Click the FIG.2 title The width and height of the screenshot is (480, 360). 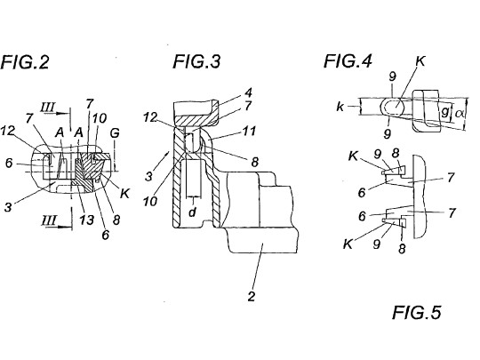(25, 62)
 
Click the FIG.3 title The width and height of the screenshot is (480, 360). (196, 61)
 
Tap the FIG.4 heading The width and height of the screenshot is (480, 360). (348, 60)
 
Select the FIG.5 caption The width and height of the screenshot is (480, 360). (417, 313)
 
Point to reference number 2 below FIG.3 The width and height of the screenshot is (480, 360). (252, 296)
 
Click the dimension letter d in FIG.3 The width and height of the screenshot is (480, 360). (192, 212)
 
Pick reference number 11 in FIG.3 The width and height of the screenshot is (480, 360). (250, 132)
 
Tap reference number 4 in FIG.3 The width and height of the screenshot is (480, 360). (248, 92)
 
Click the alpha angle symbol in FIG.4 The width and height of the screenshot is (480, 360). (460, 114)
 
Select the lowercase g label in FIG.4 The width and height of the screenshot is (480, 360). (444, 112)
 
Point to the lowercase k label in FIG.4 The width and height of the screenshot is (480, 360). (340, 107)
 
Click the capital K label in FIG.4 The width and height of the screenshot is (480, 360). (420, 61)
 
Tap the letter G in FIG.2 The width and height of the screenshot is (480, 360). (115, 133)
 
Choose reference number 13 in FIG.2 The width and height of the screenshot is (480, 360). (86, 220)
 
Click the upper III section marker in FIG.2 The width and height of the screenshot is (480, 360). (48, 108)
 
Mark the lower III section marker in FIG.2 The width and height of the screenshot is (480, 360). (49, 220)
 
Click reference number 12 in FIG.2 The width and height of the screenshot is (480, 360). (8, 131)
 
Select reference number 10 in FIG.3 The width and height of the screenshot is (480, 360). (150, 202)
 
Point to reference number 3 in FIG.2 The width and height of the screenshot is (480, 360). (8, 207)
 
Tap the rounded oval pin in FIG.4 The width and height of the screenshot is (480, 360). (393, 108)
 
